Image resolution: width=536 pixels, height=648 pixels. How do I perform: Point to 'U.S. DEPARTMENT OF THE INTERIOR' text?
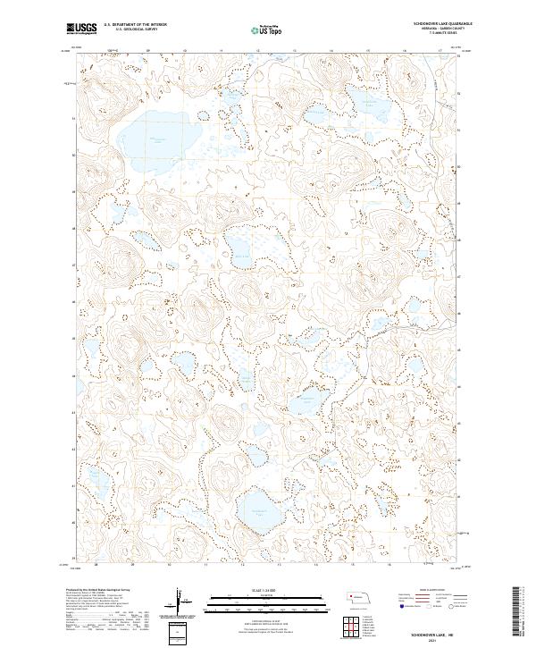point(143,24)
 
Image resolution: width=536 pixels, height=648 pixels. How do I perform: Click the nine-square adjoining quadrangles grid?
point(351,627)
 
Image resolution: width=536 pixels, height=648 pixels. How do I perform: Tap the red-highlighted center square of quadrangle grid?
point(351,627)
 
